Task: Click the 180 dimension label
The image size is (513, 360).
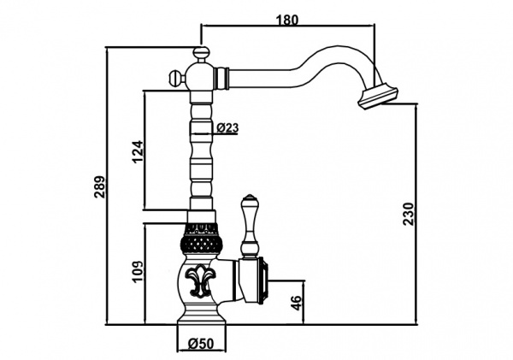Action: [287, 19]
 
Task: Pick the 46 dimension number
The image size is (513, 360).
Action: [296, 303]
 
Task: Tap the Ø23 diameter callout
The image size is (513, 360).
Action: [227, 127]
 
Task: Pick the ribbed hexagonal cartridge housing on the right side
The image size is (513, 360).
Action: [262, 281]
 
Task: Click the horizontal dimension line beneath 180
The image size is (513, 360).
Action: [287, 28]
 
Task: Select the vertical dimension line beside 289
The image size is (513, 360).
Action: [108, 186]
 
